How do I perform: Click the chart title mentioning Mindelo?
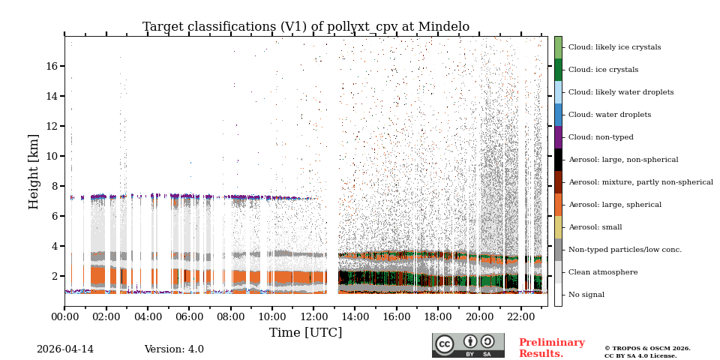pyautogui.click(x=306, y=27)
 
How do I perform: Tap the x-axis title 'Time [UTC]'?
pyautogui.click(x=305, y=332)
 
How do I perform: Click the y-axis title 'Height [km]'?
pyautogui.click(x=34, y=171)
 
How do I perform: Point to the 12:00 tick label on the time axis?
pyautogui.click(x=313, y=316)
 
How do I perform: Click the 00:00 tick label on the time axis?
pyautogui.click(x=64, y=316)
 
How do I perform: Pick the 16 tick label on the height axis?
pyautogui.click(x=52, y=66)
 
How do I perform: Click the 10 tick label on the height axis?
pyautogui.click(x=52, y=156)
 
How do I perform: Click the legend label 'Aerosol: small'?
pyautogui.click(x=595, y=227)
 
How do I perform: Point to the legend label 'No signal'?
pyautogui.click(x=586, y=295)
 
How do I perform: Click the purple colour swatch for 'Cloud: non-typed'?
pyautogui.click(x=558, y=137)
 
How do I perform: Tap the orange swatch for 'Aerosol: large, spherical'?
pyautogui.click(x=558, y=205)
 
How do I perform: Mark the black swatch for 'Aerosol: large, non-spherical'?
pyautogui.click(x=558, y=160)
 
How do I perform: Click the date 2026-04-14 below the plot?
pyautogui.click(x=65, y=349)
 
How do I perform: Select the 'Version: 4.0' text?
pyautogui.click(x=174, y=349)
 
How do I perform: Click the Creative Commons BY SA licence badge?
pyautogui.click(x=468, y=345)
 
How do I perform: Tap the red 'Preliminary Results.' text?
pyautogui.click(x=551, y=348)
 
